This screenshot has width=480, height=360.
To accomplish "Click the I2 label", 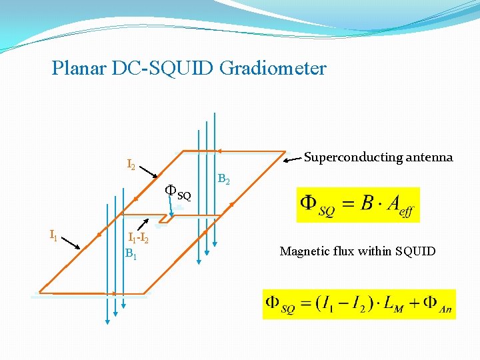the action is coord(131,165).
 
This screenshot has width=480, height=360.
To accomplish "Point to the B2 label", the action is coord(225,180).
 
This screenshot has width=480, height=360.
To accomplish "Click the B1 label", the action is coord(131,253).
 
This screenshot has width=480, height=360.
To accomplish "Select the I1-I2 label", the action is coord(138,238).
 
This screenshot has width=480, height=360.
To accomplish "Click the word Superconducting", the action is coord(353,157).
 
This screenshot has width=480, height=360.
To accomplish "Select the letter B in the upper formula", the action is coord(367,203).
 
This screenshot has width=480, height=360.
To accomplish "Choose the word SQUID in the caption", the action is coord(415,251).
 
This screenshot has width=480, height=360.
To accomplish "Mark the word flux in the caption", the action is coord(343,251).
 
